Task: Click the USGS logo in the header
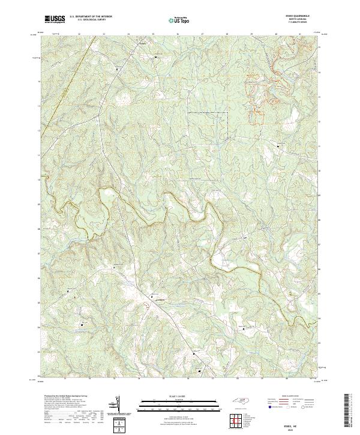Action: pos(55,19)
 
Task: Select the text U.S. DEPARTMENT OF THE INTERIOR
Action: pos(90,17)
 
